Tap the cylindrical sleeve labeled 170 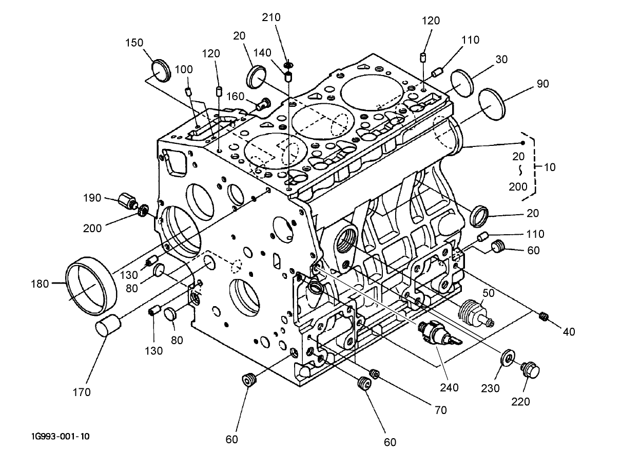click(x=108, y=326)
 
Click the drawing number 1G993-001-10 click(x=60, y=437)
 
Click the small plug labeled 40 click(x=545, y=316)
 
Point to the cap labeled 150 click(x=162, y=70)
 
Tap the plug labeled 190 click(x=127, y=200)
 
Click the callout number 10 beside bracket click(x=549, y=167)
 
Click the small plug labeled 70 click(x=374, y=374)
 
